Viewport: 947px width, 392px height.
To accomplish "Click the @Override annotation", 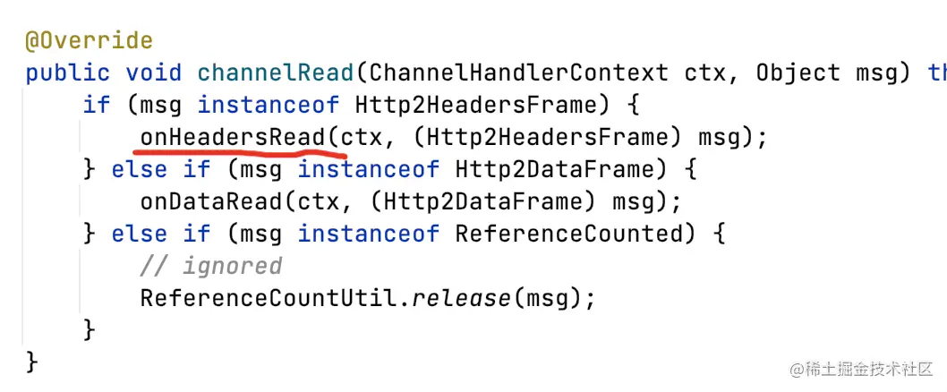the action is pyautogui.click(x=89, y=41).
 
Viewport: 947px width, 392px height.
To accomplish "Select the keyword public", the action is pyautogui.click(x=68, y=72).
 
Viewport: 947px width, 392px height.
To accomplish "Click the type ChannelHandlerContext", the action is pyautogui.click(x=518, y=72).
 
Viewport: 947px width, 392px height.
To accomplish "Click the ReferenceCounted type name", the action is pyautogui.click(x=568, y=234).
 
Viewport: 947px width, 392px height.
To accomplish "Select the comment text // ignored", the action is pyautogui.click(x=210, y=266).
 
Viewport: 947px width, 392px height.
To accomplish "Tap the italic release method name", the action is pyautogui.click(x=461, y=298).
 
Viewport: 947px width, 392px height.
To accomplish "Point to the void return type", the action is pyautogui.click(x=154, y=72).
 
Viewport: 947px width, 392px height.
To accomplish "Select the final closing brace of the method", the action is pyautogui.click(x=32, y=362).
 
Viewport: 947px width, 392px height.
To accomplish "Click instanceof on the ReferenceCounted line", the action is pyautogui.click(x=369, y=234).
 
